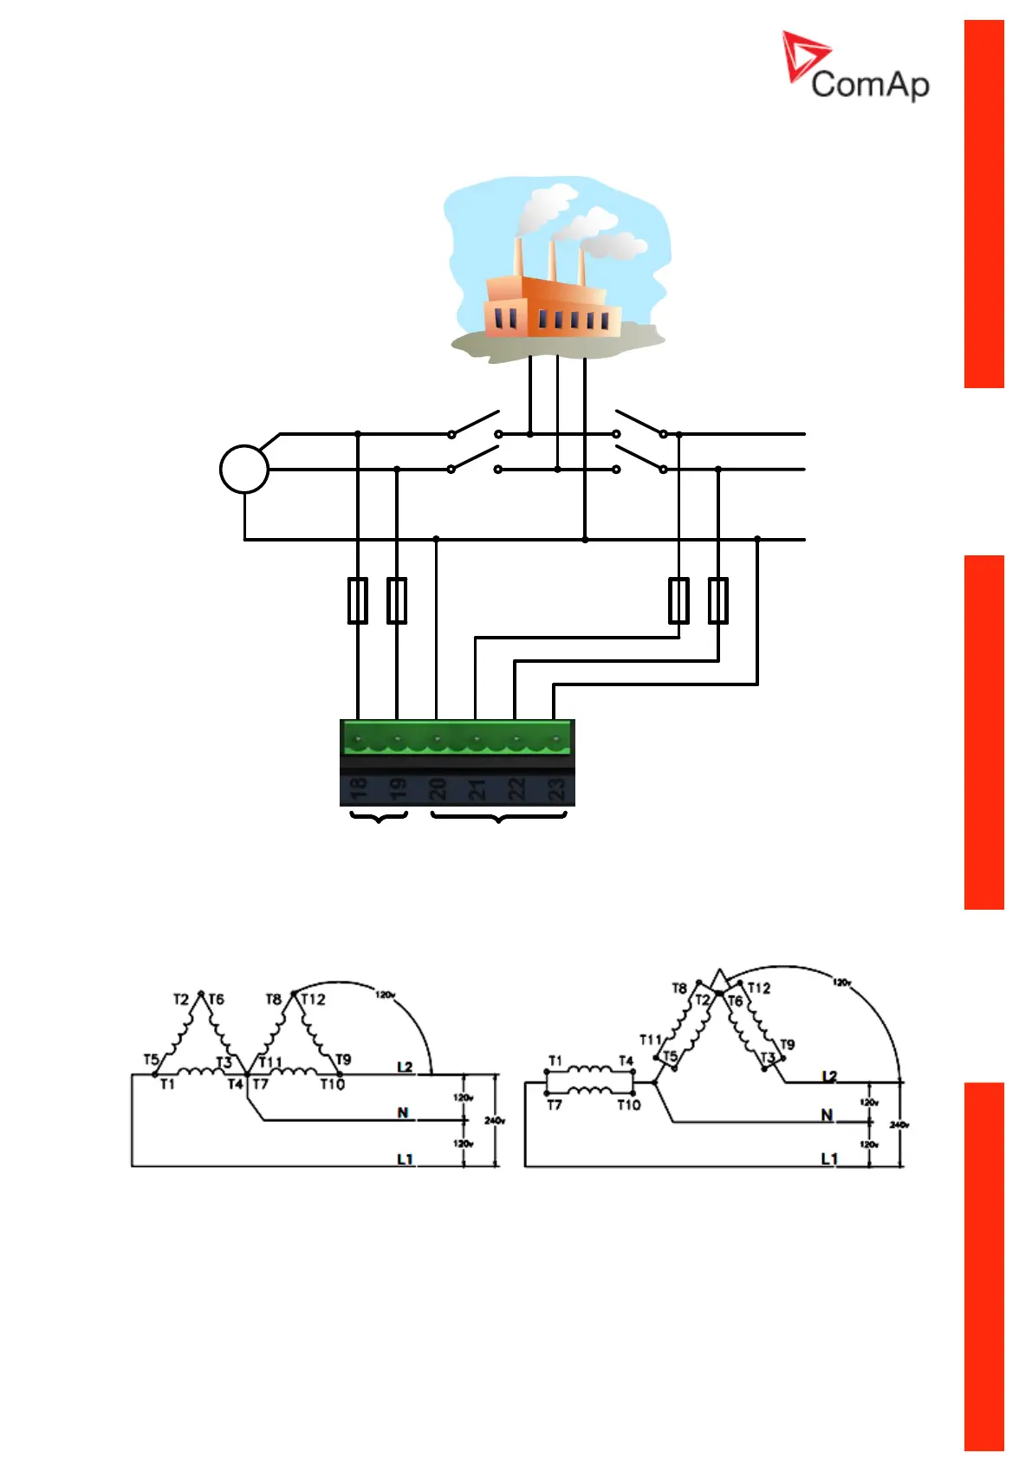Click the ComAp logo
[x=855, y=68]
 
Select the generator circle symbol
[x=244, y=470]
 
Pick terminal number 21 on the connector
[x=477, y=788]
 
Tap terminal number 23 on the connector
[x=555, y=788]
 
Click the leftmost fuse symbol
[x=358, y=600]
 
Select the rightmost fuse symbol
[x=718, y=600]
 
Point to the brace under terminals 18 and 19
[x=379, y=817]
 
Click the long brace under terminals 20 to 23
[x=498, y=817]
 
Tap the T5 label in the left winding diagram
[x=151, y=1060]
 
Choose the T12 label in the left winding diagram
[x=314, y=1000]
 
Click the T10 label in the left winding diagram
[x=333, y=1084]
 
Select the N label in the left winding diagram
[x=403, y=1112]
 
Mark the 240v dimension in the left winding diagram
[x=495, y=1121]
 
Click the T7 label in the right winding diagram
[x=555, y=1105]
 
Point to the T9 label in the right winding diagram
[x=787, y=1045]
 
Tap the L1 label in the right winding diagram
[x=829, y=1158]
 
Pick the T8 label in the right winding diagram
[x=679, y=989]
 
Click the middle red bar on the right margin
[x=983, y=732]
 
